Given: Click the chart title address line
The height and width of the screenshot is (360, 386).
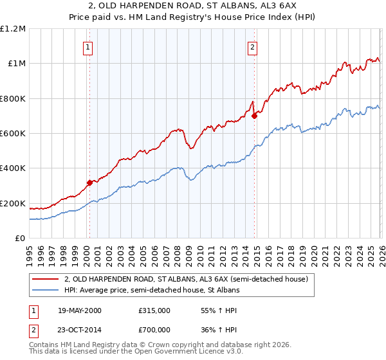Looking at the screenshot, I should tap(193, 6).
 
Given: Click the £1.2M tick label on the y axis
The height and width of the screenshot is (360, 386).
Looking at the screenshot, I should tap(13, 29).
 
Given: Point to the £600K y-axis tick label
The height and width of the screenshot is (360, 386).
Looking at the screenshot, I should tap(13, 134).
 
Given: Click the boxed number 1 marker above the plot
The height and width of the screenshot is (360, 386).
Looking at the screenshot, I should tap(87, 46).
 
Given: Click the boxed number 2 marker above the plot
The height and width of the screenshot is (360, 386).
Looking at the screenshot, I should tap(253, 46).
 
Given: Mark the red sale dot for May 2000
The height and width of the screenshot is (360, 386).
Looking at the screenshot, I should tap(90, 183).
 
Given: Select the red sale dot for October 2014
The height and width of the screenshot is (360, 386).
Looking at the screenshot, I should tap(255, 116).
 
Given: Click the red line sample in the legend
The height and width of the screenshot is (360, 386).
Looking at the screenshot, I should tap(46, 280).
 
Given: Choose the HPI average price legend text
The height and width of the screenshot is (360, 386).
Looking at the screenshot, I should tap(152, 291).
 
